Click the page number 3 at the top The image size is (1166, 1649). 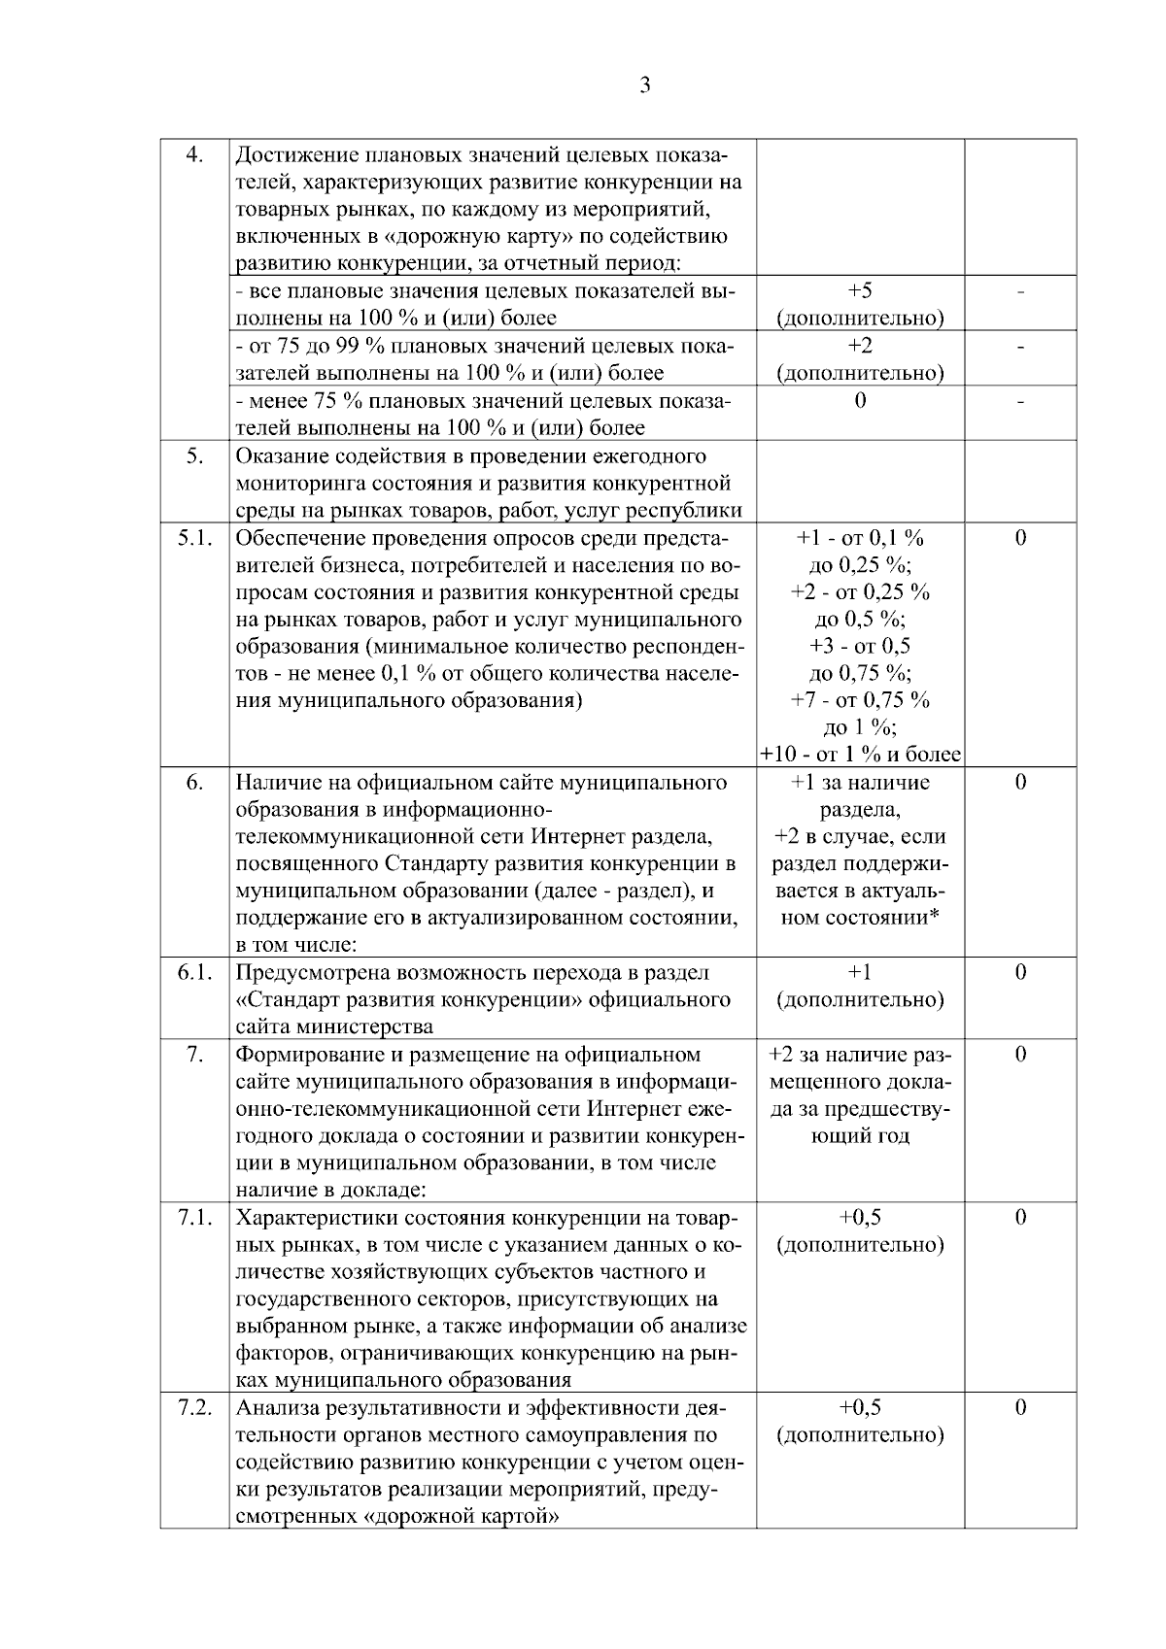tap(645, 85)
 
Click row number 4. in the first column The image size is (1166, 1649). tap(194, 155)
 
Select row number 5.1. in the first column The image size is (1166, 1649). tap(194, 538)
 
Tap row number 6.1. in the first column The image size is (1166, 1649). tap(194, 973)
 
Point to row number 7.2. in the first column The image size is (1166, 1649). tap(194, 1408)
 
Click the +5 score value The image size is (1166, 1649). tap(860, 291)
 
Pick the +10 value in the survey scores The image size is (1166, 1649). tap(778, 755)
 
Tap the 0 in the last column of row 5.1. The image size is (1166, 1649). tap(1020, 538)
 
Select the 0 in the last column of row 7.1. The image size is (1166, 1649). tap(1020, 1218)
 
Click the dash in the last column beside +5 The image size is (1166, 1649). tap(1020, 291)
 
